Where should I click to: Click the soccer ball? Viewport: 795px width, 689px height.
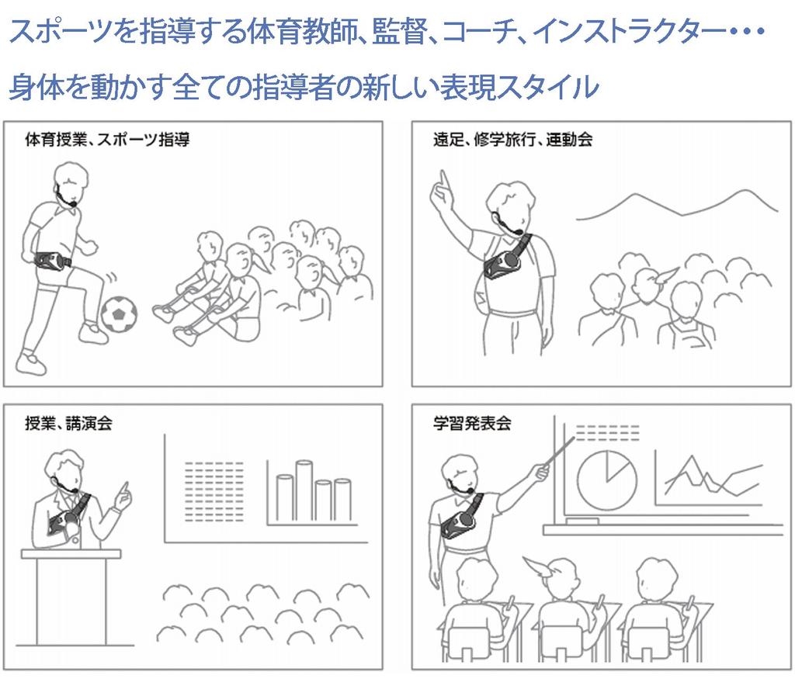119,314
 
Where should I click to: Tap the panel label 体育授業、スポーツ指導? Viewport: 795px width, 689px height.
107,140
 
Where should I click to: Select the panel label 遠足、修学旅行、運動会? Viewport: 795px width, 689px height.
512,140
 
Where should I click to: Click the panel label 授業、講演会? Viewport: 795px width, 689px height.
68,423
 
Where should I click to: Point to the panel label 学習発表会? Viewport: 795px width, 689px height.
472,423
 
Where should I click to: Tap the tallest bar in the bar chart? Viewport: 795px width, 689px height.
304,490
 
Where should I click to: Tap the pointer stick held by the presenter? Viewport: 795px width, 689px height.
559,450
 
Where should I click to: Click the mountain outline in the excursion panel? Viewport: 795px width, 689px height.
677,206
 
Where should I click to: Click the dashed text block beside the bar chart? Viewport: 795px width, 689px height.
214,491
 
